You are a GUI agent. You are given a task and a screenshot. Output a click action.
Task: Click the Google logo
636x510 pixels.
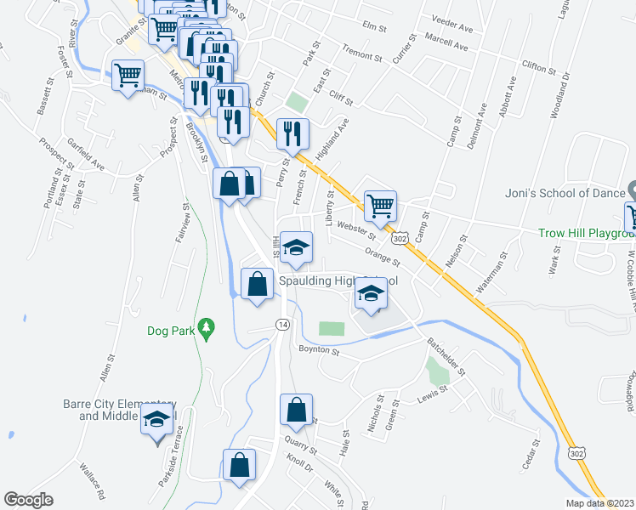click(x=28, y=500)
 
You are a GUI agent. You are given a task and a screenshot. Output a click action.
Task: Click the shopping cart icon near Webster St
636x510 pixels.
click(x=380, y=205)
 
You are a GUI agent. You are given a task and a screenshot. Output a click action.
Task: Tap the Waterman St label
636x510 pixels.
click(x=491, y=272)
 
